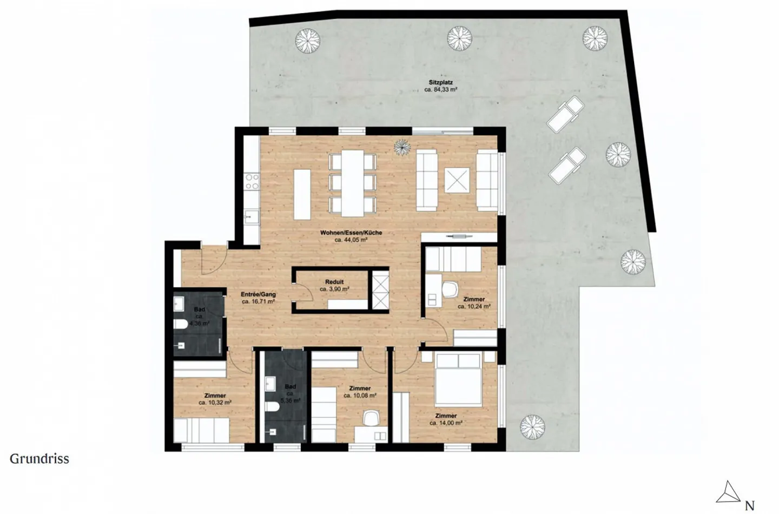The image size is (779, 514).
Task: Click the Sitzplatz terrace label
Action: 440,83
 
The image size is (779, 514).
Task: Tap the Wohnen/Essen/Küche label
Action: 351,233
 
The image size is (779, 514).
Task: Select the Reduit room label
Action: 334,282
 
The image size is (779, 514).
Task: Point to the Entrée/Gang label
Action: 258,295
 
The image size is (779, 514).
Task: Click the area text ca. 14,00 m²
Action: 446,423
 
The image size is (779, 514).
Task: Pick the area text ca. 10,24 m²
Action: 474,306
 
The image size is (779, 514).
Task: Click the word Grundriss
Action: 39,459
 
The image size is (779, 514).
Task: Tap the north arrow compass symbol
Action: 728,492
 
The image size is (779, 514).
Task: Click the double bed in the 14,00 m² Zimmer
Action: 458,379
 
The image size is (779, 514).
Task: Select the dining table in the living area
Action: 353,182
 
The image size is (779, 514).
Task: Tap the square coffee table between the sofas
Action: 456,180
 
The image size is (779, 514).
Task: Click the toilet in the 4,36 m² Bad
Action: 180,325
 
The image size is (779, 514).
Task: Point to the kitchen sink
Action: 250,218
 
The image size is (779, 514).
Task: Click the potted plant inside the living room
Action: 402,146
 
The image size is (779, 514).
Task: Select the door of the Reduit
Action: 303,292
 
